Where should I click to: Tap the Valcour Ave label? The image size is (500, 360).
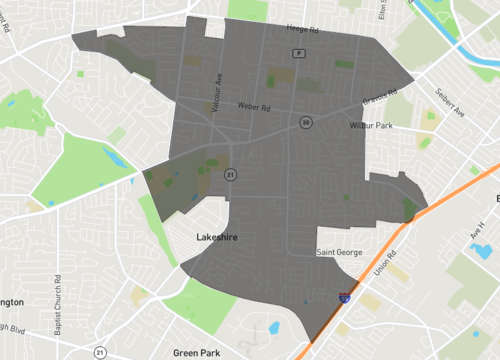click(x=214, y=79)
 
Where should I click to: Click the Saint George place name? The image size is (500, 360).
click(x=338, y=253)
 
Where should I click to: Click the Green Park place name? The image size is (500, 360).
click(x=195, y=352)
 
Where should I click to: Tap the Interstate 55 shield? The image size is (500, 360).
click(x=345, y=297)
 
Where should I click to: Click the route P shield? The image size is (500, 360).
click(x=297, y=52)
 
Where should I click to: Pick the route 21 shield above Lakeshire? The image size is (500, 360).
click(x=230, y=174)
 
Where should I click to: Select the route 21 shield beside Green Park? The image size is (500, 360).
click(x=100, y=352)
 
